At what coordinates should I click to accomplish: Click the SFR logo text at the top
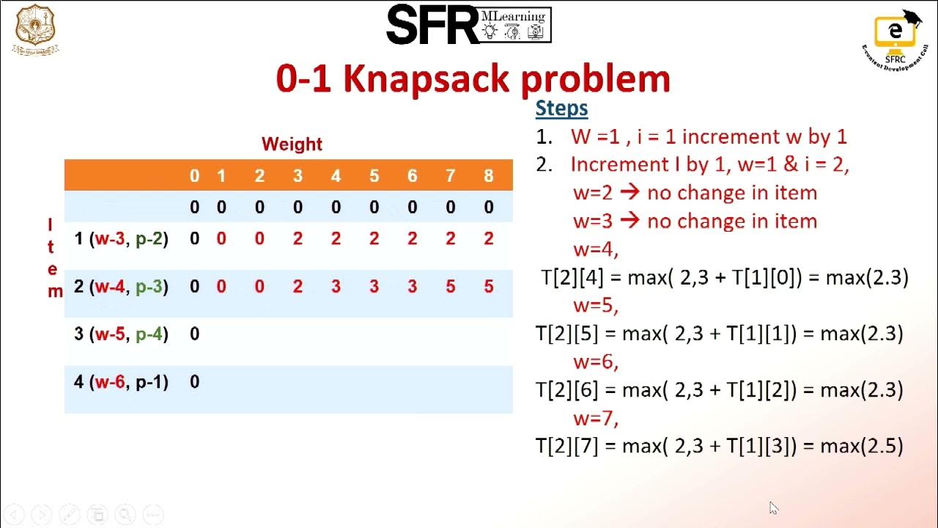point(432,26)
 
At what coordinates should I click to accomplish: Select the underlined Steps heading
point(561,109)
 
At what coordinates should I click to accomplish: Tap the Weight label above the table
point(292,144)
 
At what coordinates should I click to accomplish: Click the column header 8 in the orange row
point(488,176)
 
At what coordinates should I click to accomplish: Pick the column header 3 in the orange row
point(298,176)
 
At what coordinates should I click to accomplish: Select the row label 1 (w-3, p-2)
point(121,238)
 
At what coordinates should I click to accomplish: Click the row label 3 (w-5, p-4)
point(121,334)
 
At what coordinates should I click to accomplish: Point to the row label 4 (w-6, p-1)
point(121,382)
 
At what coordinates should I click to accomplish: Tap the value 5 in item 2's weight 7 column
point(450,287)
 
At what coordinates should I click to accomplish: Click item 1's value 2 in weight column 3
point(298,238)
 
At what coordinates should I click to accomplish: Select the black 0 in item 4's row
point(194,382)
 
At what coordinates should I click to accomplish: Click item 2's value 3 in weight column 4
point(336,287)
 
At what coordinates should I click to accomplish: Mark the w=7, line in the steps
point(596,417)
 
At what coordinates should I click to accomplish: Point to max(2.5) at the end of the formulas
point(861,445)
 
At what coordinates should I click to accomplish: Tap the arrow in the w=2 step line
point(629,193)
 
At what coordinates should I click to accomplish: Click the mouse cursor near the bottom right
point(774,508)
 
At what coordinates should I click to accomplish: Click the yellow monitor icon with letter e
point(894,31)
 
